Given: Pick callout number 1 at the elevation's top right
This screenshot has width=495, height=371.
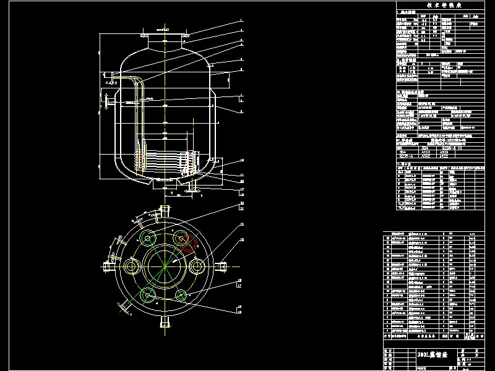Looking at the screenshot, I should (243, 21).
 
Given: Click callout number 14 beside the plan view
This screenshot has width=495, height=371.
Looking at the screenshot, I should (242, 223).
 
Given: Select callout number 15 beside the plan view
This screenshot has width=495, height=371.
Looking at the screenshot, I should (242, 239).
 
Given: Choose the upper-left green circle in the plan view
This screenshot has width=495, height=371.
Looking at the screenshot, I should (148, 239).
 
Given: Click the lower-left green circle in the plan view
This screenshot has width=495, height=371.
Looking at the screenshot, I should (148, 295).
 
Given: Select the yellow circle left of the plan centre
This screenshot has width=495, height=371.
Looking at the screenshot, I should (132, 267).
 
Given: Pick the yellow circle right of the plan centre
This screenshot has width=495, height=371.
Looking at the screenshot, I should (197, 267).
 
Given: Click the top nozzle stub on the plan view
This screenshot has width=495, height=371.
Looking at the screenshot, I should (165, 208).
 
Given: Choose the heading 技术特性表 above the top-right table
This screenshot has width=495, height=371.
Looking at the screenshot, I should (444, 6).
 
